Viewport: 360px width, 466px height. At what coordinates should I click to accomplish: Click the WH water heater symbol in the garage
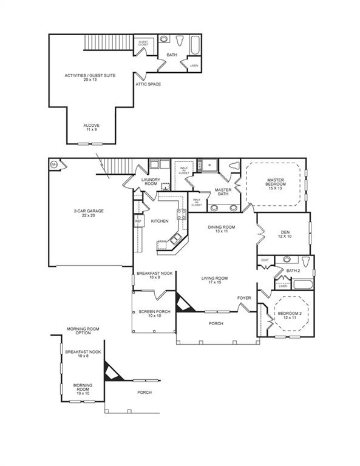click(x=54, y=164)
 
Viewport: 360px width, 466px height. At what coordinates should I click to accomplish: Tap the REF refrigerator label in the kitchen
click(x=138, y=222)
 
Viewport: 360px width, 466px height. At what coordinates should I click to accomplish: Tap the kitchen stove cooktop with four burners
click(x=182, y=214)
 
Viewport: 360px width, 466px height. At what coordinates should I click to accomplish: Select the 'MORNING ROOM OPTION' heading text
click(x=83, y=331)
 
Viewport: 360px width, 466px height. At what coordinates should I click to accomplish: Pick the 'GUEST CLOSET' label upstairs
click(x=143, y=43)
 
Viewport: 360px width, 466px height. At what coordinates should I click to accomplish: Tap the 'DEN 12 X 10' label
click(x=284, y=234)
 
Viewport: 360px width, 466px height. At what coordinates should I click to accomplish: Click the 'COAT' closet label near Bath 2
click(x=265, y=260)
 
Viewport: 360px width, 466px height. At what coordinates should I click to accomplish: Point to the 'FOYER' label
click(x=244, y=297)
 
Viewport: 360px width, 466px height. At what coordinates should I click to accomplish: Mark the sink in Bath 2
click(x=287, y=261)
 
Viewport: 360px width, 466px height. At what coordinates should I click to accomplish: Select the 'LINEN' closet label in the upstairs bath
click(x=194, y=65)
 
